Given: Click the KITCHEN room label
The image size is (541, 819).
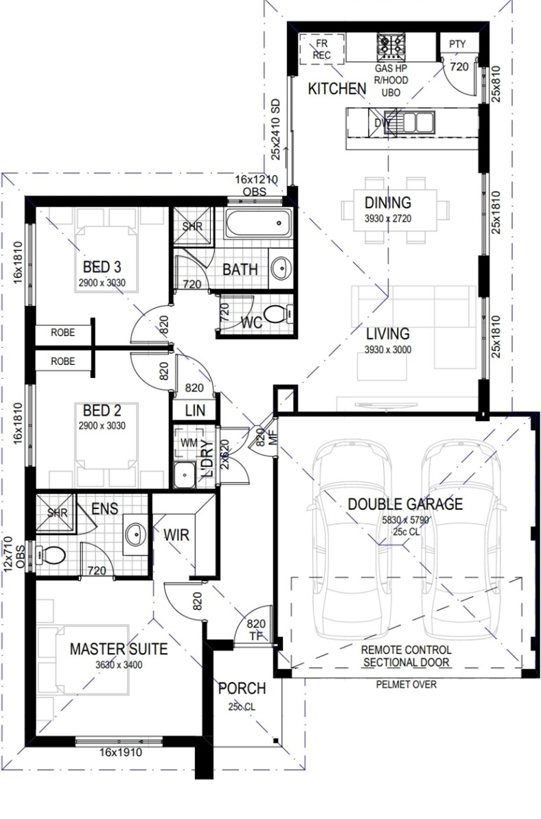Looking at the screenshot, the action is point(337,88).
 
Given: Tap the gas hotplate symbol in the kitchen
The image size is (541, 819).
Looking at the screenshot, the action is point(391,47).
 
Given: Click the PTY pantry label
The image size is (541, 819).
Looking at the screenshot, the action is point(457,45).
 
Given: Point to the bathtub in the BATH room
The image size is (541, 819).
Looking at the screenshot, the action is point(258,224).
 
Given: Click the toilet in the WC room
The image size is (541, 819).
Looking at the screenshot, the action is point(277,314).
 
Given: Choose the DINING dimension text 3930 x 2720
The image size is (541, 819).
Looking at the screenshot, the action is point(388,219).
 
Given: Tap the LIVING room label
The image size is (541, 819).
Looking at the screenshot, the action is point(387,333).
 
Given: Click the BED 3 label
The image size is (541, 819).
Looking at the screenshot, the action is point(102,267).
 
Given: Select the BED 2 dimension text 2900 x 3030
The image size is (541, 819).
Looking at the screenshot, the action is point(102,426).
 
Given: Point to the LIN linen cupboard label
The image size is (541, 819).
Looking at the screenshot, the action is point(195,411).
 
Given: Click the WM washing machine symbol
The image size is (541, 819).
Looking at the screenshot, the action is point(189,443).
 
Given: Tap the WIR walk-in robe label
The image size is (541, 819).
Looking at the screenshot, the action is point(176,535).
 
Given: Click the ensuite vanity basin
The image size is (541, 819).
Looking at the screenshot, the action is point(136,534).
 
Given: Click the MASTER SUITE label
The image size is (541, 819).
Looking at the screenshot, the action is point(119,650).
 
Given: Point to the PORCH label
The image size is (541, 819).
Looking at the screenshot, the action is point(242,689).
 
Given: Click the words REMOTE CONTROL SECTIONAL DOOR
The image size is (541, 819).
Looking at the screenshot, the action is point(406,656).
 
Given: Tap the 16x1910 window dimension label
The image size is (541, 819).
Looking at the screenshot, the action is point(121,752).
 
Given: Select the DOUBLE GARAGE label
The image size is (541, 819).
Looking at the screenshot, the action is point(405,504).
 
